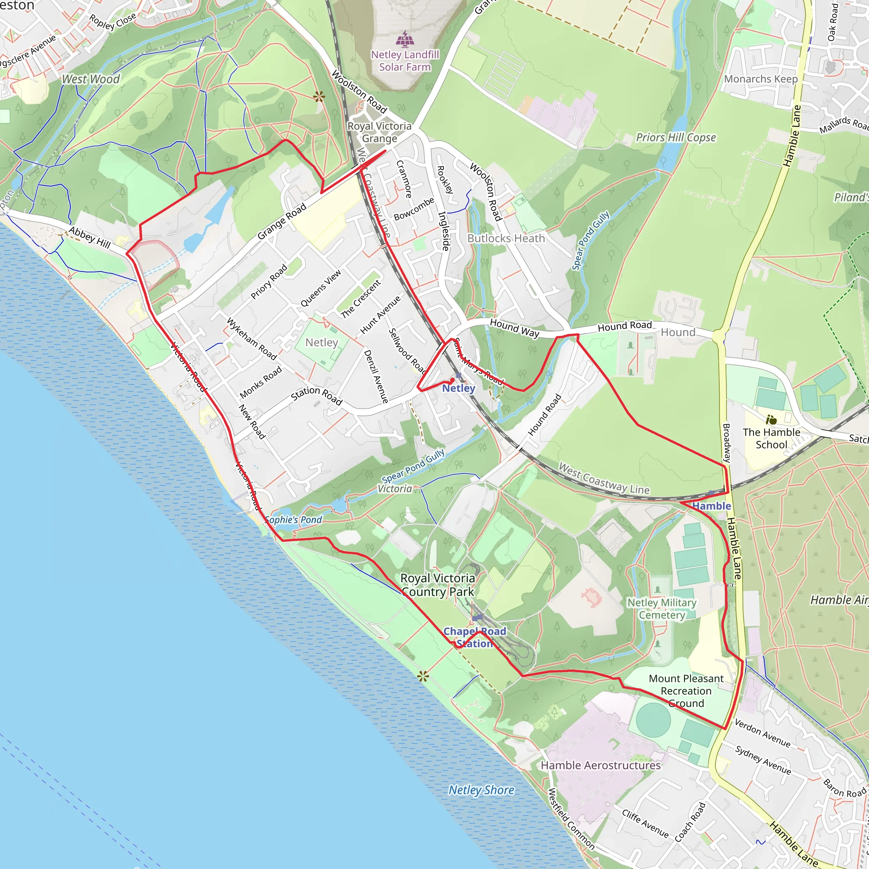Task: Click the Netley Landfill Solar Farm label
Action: pyautogui.click(x=405, y=61)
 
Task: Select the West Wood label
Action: pyautogui.click(x=91, y=79)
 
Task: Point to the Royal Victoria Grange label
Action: pyautogui.click(x=379, y=132)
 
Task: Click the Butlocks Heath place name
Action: pyautogui.click(x=506, y=238)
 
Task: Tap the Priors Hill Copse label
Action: pyautogui.click(x=676, y=137)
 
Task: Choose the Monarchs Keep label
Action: pyautogui.click(x=761, y=79)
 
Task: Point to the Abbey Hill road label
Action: pyautogui.click(x=90, y=238)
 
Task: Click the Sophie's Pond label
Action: pyautogui.click(x=293, y=520)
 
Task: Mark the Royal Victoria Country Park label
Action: pyautogui.click(x=437, y=585)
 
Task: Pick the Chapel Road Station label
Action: pyautogui.click(x=475, y=637)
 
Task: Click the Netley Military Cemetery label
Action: pyautogui.click(x=662, y=608)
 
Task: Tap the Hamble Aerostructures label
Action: pyautogui.click(x=600, y=765)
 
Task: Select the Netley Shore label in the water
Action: pyautogui.click(x=481, y=790)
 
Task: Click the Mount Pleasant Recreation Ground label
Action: pyautogui.click(x=686, y=691)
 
